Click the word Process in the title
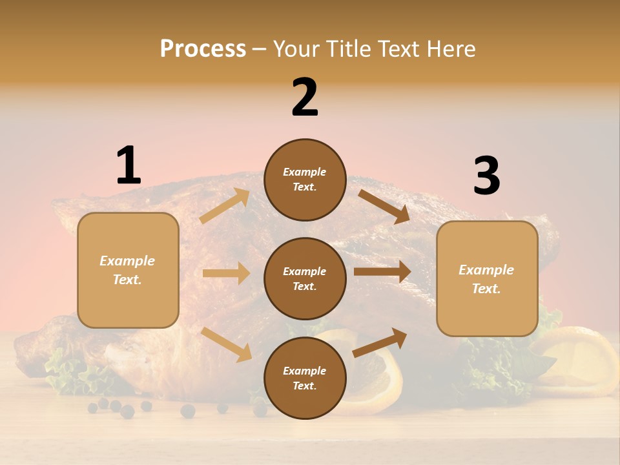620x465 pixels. coord(203,49)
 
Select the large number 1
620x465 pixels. coord(129,166)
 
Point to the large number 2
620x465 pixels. coord(305,98)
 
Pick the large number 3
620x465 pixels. coord(486,176)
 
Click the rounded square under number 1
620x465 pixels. coord(128,270)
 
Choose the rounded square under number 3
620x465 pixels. coord(487,279)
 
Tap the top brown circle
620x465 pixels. coord(305,180)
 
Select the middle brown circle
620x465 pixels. coord(305,278)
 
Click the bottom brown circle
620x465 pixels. coord(305,378)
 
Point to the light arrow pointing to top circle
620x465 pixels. coord(225,206)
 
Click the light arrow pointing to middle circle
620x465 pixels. coord(226,273)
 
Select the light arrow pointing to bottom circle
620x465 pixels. coord(226,344)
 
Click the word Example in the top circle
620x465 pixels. coord(305,172)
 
